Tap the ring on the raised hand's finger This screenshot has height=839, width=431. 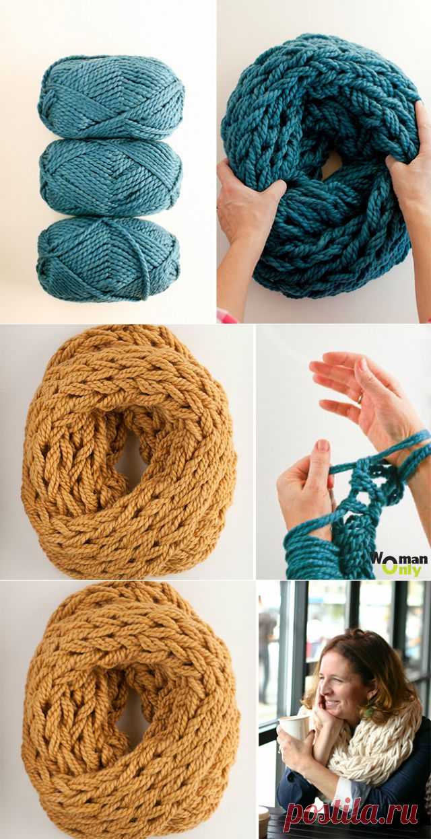[x=360, y=400]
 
